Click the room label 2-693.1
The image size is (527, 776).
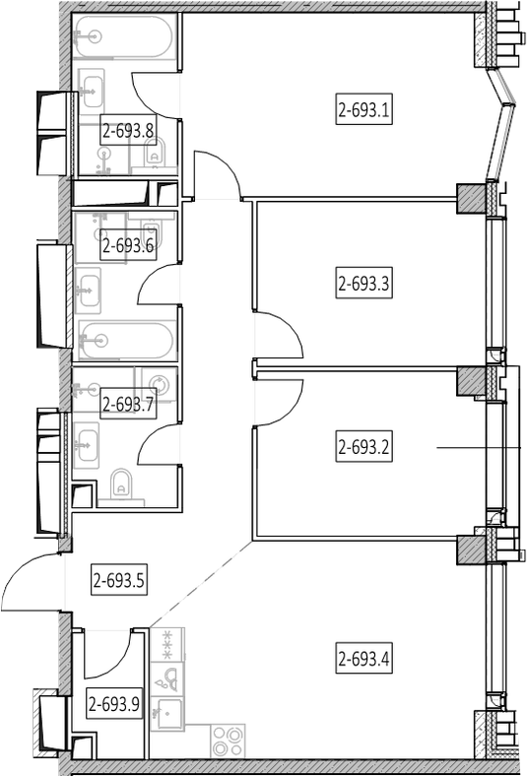363,109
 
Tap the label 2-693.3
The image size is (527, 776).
363,284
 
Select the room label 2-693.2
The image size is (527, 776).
363,447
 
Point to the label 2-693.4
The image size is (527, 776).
363,659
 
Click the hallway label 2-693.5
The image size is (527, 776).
119,580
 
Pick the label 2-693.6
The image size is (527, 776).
128,244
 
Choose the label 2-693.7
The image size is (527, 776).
128,405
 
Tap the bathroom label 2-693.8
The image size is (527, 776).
128,131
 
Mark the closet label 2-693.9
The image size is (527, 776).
114,703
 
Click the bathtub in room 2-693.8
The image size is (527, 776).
124,36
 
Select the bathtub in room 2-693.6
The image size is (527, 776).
126,341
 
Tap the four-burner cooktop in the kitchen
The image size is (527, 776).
229,741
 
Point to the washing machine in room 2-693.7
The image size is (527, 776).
160,384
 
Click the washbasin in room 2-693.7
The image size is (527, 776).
87,441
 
